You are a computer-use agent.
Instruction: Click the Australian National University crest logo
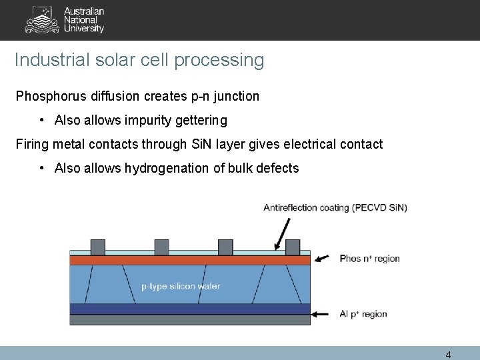coord(42,19)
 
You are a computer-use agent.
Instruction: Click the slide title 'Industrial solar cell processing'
coord(139,60)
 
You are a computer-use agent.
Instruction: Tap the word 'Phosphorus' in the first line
coord(47,96)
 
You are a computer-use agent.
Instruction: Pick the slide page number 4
coord(448,355)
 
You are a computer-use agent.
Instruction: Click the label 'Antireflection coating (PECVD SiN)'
coord(335,207)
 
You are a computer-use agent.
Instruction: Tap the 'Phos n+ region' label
coord(370,259)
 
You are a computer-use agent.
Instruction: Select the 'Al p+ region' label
coord(363,314)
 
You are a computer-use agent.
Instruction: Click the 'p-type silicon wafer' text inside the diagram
coord(181,286)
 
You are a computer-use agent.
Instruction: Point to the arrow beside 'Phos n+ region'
coord(322,259)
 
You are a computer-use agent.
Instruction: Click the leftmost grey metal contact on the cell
coord(97,247)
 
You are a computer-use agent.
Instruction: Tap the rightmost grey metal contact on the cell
coord(293,247)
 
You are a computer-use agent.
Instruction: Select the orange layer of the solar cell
coord(190,260)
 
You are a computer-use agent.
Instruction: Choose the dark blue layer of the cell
coord(190,309)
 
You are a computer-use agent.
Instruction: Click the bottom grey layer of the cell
coord(190,319)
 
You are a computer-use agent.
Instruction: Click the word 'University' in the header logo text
coord(84,29)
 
